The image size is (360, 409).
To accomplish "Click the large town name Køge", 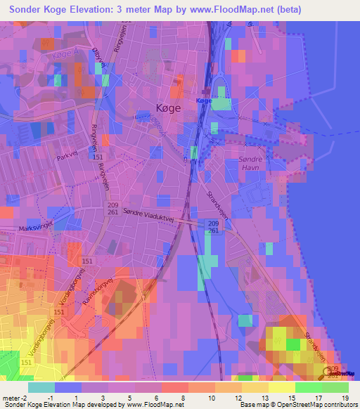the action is tap(168, 108).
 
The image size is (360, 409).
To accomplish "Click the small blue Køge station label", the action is tap(204, 101).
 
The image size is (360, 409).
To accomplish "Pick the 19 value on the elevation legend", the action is tap(345, 398).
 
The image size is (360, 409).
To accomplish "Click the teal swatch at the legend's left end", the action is tap(41, 387).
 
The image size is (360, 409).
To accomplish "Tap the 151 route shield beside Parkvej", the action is tap(98, 157).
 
